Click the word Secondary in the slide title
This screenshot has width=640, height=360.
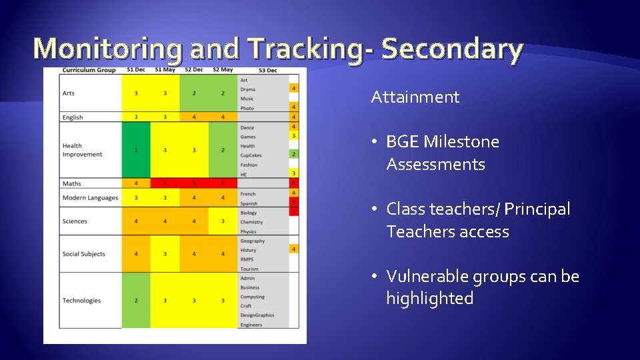pos(453,49)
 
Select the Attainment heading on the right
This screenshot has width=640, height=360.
pos(415,97)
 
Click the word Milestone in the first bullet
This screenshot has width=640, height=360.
pos(463,142)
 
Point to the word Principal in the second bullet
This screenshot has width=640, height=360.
pos(537,209)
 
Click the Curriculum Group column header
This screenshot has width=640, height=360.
pos(89,70)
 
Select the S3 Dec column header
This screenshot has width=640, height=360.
pos(267,70)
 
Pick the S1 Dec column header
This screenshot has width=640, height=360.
pos(136,70)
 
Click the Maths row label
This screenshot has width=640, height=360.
pos(71,183)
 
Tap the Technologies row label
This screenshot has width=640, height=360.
pos(81,301)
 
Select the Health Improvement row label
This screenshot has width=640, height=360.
pos(82,150)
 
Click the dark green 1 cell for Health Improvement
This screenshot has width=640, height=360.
pos(136,150)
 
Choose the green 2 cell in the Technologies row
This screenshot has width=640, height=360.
pos(136,301)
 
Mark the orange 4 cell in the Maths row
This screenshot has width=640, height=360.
pos(136,183)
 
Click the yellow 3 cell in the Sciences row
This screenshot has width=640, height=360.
pos(223,221)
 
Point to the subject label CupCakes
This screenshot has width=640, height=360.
pos(251,155)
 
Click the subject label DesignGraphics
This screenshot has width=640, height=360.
pos(257,315)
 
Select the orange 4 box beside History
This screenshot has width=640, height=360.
pos(293,249)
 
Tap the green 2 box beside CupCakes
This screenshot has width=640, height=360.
pos(293,155)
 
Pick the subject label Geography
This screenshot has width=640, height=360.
pos(253,241)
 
